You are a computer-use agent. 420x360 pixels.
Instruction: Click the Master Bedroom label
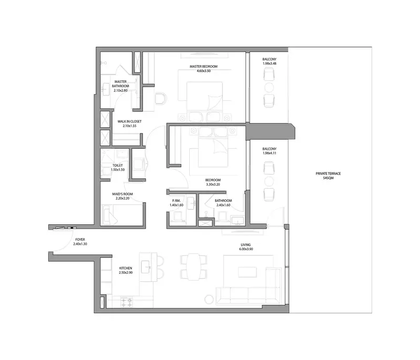pyautogui.click(x=203, y=66)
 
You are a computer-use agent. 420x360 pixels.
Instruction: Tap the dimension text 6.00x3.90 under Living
pyautogui.click(x=246, y=249)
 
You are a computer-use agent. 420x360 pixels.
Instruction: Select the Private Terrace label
pyautogui.click(x=328, y=173)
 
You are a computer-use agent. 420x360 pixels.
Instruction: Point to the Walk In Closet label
pyautogui.click(x=129, y=121)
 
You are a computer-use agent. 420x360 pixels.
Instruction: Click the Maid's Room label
pyautogui.click(x=122, y=194)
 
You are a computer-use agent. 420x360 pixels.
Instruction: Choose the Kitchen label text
pyautogui.click(x=126, y=268)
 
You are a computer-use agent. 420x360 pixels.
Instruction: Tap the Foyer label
pyautogui.click(x=80, y=240)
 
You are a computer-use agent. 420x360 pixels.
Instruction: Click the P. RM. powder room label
pyautogui.click(x=176, y=201)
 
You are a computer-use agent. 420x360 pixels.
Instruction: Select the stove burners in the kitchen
pyautogui.click(x=127, y=302)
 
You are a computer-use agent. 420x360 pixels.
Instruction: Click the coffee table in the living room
pyautogui.click(x=247, y=272)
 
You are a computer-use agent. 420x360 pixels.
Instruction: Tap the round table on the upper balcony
pyautogui.click(x=269, y=88)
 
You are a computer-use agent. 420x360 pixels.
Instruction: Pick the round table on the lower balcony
pyautogui.click(x=269, y=181)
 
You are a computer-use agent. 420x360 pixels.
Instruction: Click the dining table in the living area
pyautogui.click(x=194, y=267)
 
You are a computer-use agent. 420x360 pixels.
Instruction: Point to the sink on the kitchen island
pyautogui.click(x=146, y=267)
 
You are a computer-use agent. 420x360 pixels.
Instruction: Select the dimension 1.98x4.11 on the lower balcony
pyautogui.click(x=270, y=153)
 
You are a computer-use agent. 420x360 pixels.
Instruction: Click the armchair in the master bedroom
pyautogui.click(x=161, y=99)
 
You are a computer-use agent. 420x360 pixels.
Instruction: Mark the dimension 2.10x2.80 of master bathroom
pyautogui.click(x=120, y=90)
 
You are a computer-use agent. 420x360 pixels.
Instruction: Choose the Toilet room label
pyautogui.click(x=118, y=166)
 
